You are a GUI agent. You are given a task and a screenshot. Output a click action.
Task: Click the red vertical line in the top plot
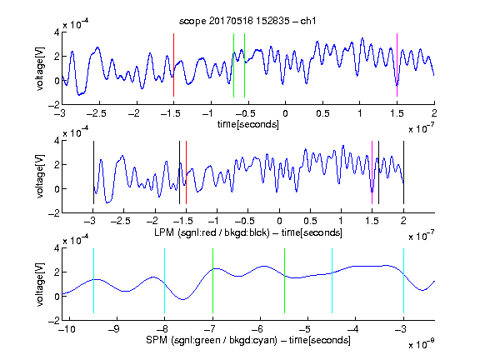pos(173,65)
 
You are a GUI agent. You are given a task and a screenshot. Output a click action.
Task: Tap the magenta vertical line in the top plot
pos(397,65)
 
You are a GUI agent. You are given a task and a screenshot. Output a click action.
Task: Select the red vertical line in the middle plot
pos(186,172)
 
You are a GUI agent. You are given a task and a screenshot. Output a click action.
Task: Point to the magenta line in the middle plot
pos(372,172)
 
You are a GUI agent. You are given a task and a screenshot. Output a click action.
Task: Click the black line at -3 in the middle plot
pos(93,172)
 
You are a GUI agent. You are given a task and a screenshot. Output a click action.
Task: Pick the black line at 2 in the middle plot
pos(403,172)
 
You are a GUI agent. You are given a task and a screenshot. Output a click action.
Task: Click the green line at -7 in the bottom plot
pos(212,281)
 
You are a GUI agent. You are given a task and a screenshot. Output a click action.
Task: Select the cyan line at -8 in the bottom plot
pos(165,281)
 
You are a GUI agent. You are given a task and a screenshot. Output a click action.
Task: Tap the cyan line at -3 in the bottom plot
pos(403,281)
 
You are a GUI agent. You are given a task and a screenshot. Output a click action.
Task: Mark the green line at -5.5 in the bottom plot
pos(284,281)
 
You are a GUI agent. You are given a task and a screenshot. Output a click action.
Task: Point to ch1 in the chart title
pos(308,21)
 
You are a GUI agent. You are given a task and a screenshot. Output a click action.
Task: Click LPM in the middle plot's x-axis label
pos(164,232)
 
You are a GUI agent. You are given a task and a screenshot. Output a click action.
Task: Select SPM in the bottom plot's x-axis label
pos(157,340)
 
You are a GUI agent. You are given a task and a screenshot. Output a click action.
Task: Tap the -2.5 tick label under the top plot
pos(96,113)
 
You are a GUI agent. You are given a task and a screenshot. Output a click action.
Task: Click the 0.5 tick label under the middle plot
pos(310,221)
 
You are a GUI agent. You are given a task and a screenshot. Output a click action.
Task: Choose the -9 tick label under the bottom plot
pos(114,329)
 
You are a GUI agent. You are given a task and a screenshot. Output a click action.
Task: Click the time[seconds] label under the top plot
pos(248,124)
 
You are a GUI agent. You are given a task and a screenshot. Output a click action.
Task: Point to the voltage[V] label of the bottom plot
pos(40,284)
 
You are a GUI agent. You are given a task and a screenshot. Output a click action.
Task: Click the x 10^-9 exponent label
pos(422,344)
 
